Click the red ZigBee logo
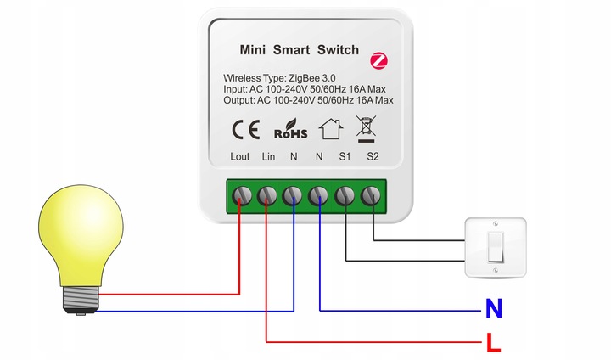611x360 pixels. pyautogui.click(x=378, y=59)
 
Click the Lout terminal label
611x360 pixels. pyautogui.click(x=240, y=157)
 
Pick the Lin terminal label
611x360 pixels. pyautogui.click(x=267, y=157)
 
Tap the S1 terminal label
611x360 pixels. pyautogui.click(x=345, y=157)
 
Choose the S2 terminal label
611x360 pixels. pyautogui.click(x=372, y=157)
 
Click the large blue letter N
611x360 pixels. pyautogui.click(x=493, y=309)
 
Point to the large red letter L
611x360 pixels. pyautogui.click(x=493, y=345)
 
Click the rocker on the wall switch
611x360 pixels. pyautogui.click(x=496, y=246)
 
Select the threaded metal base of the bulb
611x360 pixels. pyautogui.click(x=81, y=297)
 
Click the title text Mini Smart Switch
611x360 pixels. pyautogui.click(x=300, y=50)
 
